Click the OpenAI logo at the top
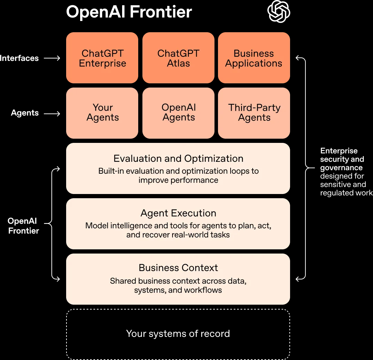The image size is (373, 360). (x=279, y=12)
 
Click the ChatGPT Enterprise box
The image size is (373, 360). (x=102, y=58)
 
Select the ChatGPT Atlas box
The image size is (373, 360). (x=178, y=58)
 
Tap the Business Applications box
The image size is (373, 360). (x=254, y=58)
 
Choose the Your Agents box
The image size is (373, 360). (x=102, y=113)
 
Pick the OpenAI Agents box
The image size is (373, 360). (x=178, y=113)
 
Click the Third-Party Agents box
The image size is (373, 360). (x=254, y=113)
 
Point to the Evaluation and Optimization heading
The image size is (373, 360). (x=178, y=158)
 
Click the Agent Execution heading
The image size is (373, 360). (x=178, y=213)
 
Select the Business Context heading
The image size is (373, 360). (x=178, y=268)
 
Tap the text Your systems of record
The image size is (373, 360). (x=178, y=333)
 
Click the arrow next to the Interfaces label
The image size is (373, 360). (x=52, y=58)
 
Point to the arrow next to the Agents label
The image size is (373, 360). (x=52, y=113)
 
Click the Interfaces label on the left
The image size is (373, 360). (x=19, y=58)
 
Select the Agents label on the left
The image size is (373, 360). (x=25, y=113)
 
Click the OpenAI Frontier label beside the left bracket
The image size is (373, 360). (x=23, y=226)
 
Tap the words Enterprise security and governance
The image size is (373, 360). (x=341, y=159)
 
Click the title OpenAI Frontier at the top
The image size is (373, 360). (x=129, y=12)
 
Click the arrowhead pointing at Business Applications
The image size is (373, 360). (x=298, y=58)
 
